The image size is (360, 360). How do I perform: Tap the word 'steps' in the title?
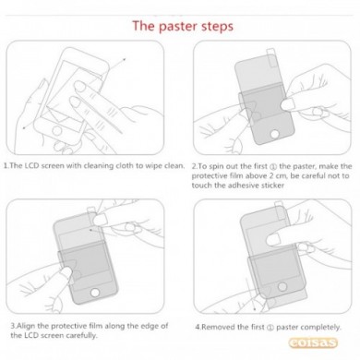click(218, 27)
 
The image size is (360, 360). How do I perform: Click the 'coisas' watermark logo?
click(313, 342)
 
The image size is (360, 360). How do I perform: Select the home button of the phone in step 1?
click(57, 131)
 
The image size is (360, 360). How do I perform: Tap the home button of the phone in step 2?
click(274, 134)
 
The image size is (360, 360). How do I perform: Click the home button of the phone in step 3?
click(95, 292)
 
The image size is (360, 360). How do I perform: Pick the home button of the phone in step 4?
click(282, 286)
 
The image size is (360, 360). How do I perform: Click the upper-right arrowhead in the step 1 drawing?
click(125, 59)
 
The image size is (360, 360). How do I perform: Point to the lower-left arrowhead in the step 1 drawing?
click(24, 128)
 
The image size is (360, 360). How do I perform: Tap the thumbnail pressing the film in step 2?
click(288, 104)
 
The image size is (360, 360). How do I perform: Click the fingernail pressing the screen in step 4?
click(273, 239)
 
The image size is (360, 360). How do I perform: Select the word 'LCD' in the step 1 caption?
click(31, 165)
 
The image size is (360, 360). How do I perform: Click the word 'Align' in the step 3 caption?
click(27, 326)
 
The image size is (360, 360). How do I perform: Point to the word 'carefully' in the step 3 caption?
click(80, 335)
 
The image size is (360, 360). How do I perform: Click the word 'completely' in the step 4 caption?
click(320, 327)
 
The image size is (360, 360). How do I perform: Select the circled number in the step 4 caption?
click(270, 327)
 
